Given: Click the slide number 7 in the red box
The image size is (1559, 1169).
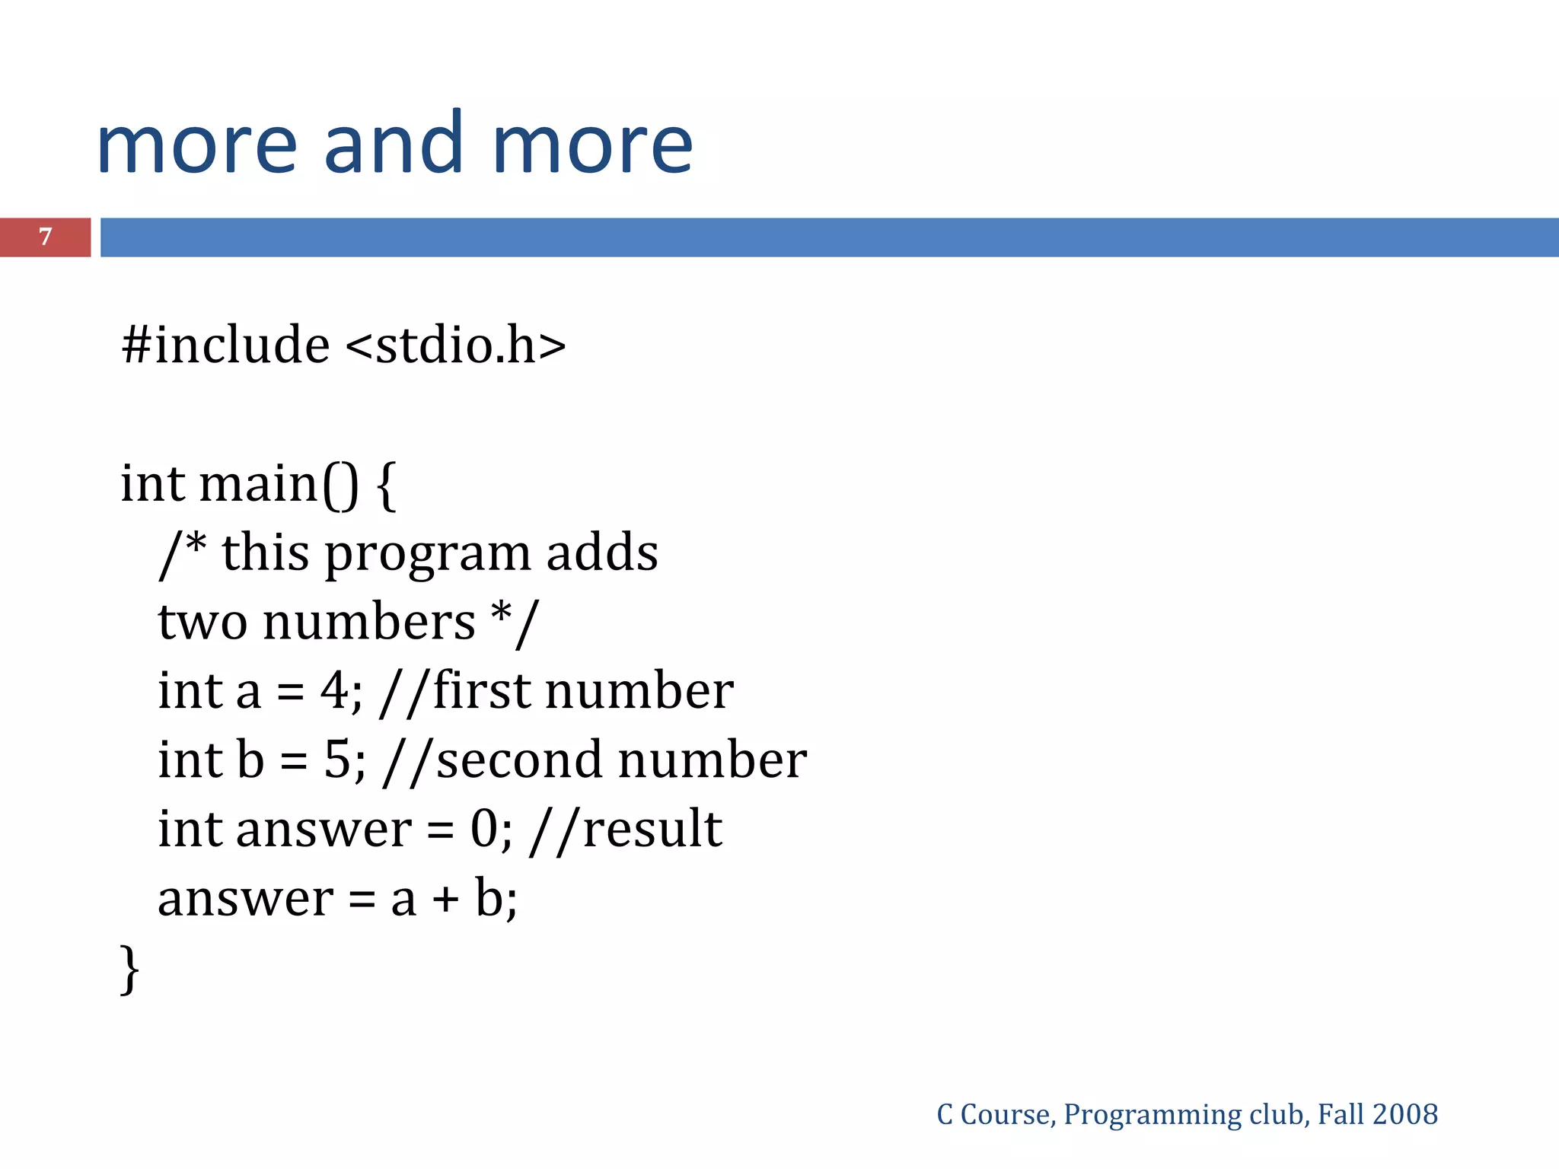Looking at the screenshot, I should [46, 237].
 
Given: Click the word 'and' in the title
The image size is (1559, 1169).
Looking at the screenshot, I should [394, 142].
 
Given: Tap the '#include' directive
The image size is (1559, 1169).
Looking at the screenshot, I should [225, 345].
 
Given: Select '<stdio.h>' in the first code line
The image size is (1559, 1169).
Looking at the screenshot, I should [455, 345].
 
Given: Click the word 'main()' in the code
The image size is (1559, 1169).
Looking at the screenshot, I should [278, 484].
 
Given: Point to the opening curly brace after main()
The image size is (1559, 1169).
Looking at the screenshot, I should [386, 486].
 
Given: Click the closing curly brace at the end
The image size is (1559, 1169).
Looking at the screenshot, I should [130, 968].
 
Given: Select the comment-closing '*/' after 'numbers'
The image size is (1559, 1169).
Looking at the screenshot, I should [515, 622].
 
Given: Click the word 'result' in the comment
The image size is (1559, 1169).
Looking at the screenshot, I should [652, 829].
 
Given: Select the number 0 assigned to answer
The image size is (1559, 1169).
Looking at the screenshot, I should [484, 829].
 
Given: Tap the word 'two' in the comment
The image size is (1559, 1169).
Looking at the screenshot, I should [202, 622].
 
